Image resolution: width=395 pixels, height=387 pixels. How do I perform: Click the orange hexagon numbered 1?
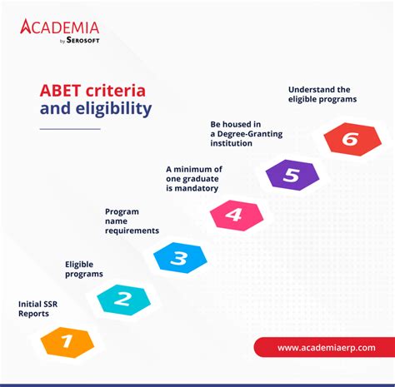pos(67,342)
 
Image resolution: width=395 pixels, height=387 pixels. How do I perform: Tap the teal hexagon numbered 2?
pos(123,300)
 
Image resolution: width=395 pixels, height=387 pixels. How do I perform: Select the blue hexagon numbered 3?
pos(180,258)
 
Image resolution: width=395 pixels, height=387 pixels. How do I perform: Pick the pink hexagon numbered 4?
pos(237,216)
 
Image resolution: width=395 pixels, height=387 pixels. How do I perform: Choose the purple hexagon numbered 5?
pos(292,175)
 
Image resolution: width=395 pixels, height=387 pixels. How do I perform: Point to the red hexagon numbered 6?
pos(352,139)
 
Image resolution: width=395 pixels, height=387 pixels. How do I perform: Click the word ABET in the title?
pos(60,91)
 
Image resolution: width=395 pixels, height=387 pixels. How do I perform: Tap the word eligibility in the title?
pos(114,109)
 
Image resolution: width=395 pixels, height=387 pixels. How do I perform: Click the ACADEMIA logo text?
pos(59,27)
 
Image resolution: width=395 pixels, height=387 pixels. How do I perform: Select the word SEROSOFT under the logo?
pos(82,40)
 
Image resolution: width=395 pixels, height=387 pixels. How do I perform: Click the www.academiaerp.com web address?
pos(327,348)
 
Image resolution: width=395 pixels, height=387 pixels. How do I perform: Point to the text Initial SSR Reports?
pos(37,309)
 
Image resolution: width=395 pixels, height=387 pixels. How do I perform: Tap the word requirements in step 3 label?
pos(132,231)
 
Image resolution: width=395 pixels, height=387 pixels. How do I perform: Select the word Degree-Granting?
pos(250,134)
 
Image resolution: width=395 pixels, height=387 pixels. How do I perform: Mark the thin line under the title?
pos(70,129)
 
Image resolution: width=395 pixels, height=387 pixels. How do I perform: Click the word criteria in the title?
pos(116,91)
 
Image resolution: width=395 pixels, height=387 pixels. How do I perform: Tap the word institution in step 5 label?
pos(231,143)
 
